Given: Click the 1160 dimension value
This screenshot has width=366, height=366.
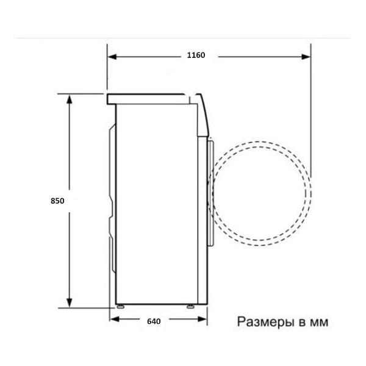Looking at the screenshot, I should click(x=196, y=55).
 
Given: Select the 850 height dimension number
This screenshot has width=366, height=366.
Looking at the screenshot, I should click(x=57, y=200).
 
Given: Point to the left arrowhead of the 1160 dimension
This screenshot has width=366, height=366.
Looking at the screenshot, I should click(x=113, y=56).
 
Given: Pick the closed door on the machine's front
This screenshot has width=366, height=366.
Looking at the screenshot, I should click(x=210, y=193).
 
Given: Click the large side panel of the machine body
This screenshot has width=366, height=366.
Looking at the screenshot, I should click(x=157, y=201).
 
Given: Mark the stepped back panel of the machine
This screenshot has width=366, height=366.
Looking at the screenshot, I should click(x=111, y=201).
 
